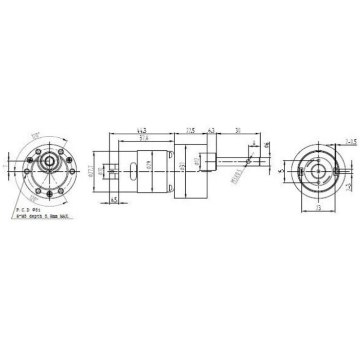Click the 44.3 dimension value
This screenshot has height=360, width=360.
[140, 131]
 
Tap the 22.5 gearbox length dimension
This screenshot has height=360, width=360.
[190, 131]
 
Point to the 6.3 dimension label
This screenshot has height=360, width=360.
[211, 131]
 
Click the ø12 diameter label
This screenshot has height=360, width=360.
[196, 162]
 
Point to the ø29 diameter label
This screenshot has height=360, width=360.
[148, 165]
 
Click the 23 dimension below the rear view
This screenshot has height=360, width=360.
[318, 208]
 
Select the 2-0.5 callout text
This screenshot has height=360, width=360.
[351, 140]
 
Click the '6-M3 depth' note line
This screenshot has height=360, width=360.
[44, 217]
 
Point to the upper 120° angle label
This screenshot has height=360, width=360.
[35, 136]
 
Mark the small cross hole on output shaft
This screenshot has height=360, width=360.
[248, 161]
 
